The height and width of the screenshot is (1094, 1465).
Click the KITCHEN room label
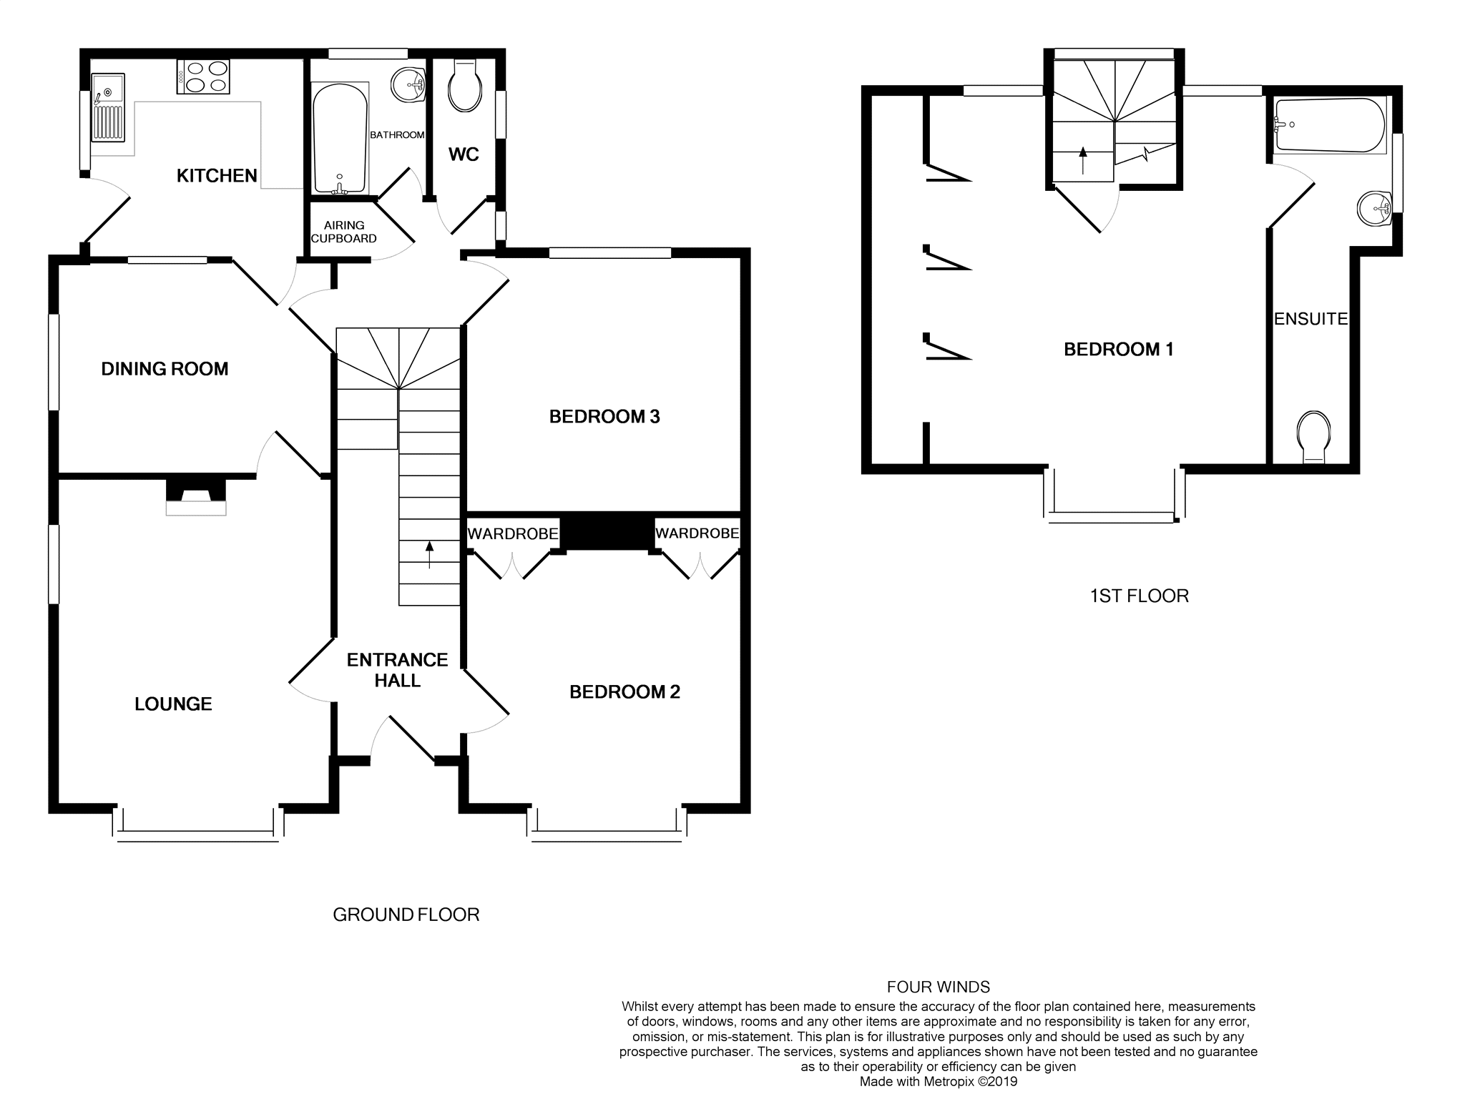(217, 175)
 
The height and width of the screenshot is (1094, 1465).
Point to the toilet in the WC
(464, 87)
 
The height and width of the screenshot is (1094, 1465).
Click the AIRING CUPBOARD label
(344, 232)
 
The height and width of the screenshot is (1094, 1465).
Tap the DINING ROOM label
(165, 369)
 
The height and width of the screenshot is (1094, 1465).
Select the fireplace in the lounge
(196, 498)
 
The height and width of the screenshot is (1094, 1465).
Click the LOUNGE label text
(173, 704)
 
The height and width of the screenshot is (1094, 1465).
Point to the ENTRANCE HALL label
(397, 670)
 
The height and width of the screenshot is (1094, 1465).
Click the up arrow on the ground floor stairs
(429, 555)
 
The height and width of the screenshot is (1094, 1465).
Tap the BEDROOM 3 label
(604, 417)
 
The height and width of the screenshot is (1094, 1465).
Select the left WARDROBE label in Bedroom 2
(512, 533)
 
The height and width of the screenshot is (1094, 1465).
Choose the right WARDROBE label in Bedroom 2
(697, 533)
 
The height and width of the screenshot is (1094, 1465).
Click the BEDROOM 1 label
(1119, 350)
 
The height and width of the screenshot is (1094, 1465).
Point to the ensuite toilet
(1314, 436)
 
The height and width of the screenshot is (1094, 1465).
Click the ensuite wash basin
(1373, 208)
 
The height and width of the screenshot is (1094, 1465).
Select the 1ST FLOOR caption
(1139, 596)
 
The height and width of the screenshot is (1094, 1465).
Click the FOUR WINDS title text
(938, 987)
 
